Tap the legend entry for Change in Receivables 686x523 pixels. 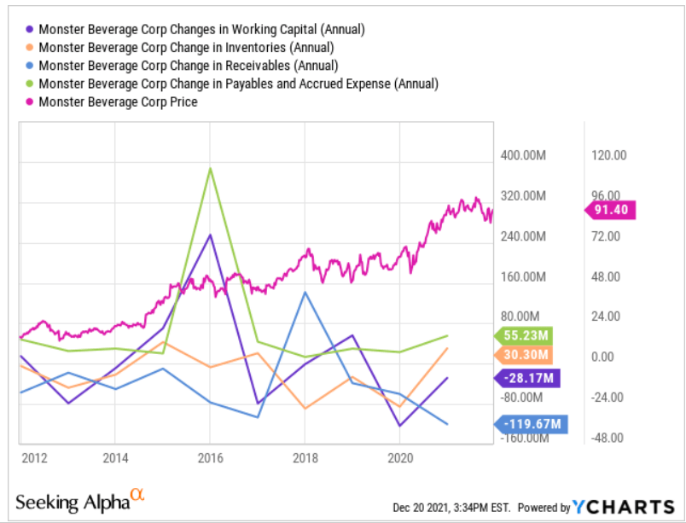[188, 66]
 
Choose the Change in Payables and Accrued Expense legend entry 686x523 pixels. [238, 84]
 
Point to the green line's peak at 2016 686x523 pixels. [210, 168]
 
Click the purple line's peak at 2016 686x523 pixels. [210, 235]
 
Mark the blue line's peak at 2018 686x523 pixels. [305, 293]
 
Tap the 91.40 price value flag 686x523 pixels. [613, 210]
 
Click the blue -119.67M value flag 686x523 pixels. [529, 422]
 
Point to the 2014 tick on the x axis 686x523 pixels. [114, 457]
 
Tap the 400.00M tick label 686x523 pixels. [522, 155]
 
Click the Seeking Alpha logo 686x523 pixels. [73, 501]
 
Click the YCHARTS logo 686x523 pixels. [622, 506]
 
